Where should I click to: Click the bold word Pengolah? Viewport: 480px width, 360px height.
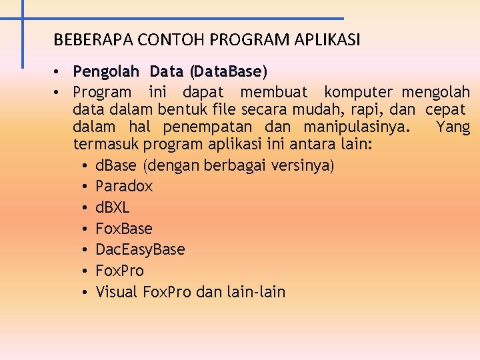(107, 71)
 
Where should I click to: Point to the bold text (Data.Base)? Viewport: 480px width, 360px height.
(228, 71)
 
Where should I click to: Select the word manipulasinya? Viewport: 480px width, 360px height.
(357, 127)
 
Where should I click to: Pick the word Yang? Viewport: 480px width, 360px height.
(453, 127)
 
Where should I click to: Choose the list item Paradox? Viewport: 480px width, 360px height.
(124, 186)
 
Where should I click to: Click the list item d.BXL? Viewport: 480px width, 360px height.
(113, 207)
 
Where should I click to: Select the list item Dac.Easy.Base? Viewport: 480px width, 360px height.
(140, 249)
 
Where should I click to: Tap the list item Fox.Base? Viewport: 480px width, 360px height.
(124, 229)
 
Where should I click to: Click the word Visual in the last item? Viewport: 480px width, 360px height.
(117, 291)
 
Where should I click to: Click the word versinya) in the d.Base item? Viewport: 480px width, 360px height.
(303, 165)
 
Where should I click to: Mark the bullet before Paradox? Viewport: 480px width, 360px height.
(87, 187)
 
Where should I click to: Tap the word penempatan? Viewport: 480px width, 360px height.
(207, 127)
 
